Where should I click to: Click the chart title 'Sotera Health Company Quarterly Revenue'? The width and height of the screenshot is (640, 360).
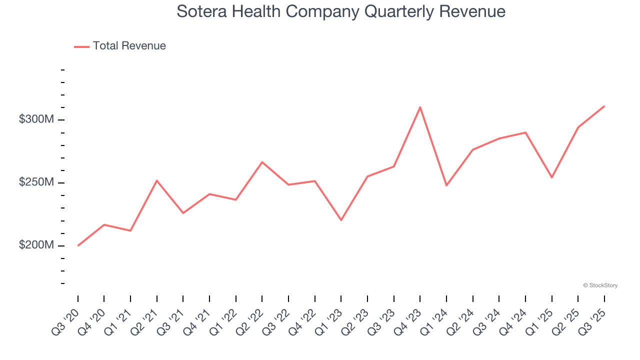pyautogui.click(x=341, y=11)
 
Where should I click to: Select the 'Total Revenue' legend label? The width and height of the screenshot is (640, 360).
pyautogui.click(x=129, y=46)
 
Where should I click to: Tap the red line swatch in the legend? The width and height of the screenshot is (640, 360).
pyautogui.click(x=81, y=46)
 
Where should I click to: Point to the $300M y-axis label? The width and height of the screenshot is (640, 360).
pyautogui.click(x=36, y=119)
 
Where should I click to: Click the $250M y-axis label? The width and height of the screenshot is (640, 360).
pyautogui.click(x=36, y=182)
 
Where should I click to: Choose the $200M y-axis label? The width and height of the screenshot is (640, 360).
pyautogui.click(x=36, y=245)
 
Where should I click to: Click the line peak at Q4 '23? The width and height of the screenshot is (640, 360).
pyautogui.click(x=420, y=107)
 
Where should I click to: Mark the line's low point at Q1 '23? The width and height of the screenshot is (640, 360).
pyautogui.click(x=341, y=220)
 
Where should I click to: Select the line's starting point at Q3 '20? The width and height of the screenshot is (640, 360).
pyautogui.click(x=78, y=245)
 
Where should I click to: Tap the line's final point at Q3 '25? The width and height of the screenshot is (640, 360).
pyautogui.click(x=604, y=106)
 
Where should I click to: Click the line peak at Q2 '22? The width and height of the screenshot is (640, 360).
pyautogui.click(x=262, y=162)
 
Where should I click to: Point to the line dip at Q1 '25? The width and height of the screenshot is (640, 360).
pyautogui.click(x=551, y=177)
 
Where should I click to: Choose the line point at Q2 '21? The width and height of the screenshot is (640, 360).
pyautogui.click(x=157, y=180)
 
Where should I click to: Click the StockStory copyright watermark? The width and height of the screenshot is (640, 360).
pyautogui.click(x=600, y=285)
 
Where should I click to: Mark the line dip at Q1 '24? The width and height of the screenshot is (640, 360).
pyautogui.click(x=446, y=185)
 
